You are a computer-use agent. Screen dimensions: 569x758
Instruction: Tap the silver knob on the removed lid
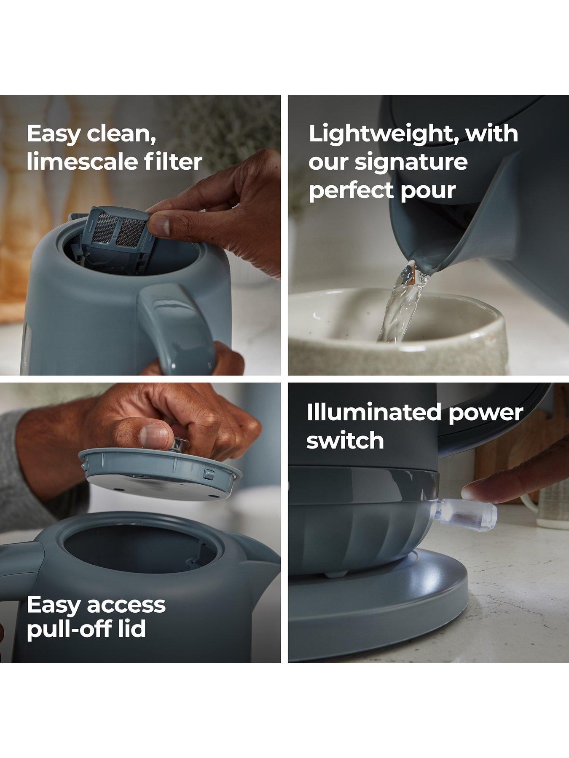[x=180, y=444]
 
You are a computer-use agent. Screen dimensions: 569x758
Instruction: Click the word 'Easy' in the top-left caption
[x=54, y=134]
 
